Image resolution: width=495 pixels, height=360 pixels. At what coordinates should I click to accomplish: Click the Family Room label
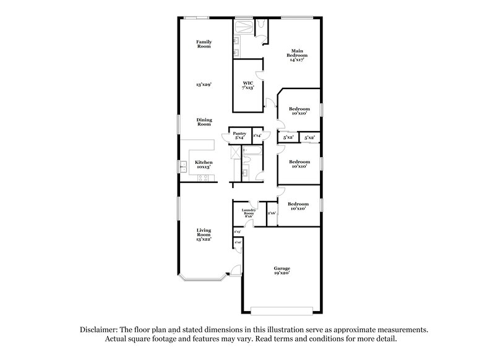coord(204,44)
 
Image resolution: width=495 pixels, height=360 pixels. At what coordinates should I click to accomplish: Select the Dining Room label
coord(204,122)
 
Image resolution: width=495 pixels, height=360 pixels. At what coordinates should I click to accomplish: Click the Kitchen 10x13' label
coord(204,165)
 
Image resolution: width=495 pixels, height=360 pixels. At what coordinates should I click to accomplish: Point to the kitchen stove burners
coord(203,178)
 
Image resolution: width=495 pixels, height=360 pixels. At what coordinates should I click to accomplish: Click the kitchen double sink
coord(184,165)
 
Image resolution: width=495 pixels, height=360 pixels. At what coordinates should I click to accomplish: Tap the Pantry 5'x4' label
coord(239,135)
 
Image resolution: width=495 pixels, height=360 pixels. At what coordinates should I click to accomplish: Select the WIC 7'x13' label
coord(247,85)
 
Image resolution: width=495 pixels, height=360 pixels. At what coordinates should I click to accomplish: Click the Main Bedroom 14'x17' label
coord(298,55)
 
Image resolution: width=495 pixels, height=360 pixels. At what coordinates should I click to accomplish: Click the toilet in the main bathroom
coord(262,24)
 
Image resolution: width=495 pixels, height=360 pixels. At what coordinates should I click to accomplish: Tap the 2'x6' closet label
coord(271,213)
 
